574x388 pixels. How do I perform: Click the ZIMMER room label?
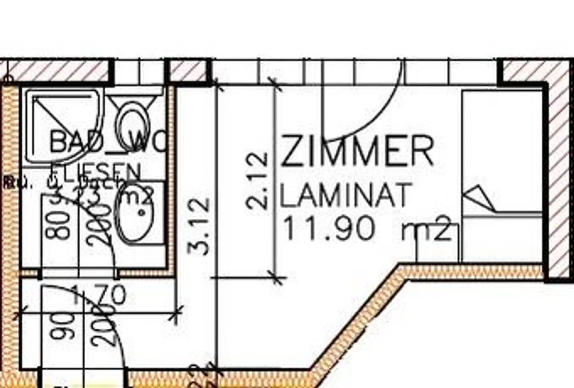click(357, 151)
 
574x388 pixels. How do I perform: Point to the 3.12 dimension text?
click(198, 226)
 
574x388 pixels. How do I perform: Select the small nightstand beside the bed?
click(438, 243)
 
